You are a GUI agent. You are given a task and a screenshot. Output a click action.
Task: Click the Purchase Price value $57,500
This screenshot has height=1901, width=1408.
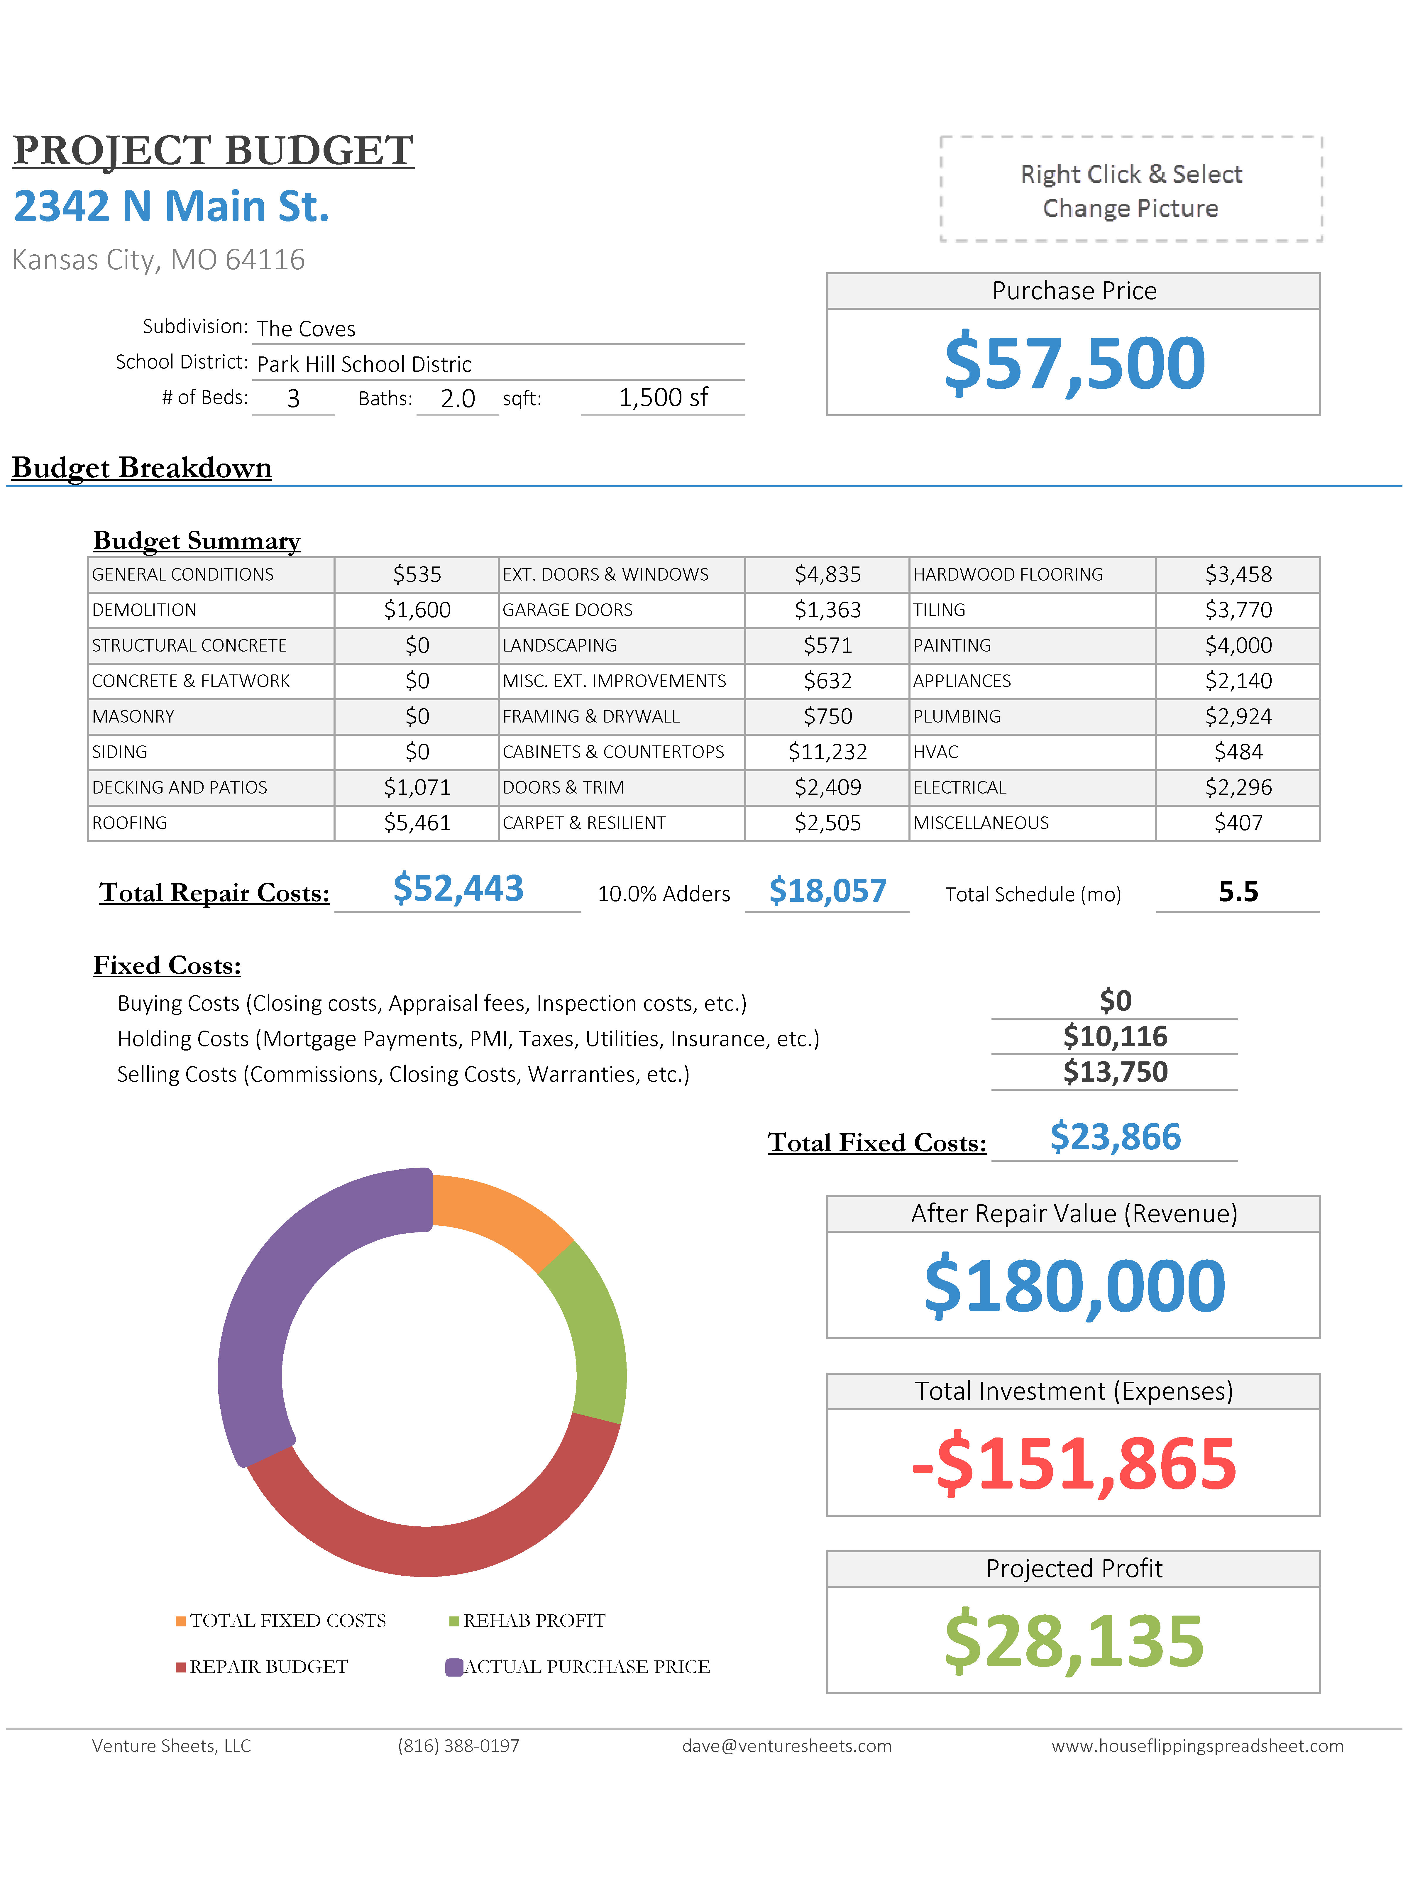coord(1074,364)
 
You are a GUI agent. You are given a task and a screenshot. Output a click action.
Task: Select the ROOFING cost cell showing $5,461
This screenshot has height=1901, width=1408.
coord(417,823)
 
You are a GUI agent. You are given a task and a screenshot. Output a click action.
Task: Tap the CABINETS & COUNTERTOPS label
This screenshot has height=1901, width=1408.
coord(613,752)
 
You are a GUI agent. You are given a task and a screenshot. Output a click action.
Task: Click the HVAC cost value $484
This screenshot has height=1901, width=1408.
coord(1238,752)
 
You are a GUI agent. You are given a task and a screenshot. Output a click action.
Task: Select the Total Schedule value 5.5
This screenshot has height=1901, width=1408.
coord(1238,892)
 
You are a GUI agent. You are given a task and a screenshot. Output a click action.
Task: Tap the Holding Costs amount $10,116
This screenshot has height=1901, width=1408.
coord(1115,1036)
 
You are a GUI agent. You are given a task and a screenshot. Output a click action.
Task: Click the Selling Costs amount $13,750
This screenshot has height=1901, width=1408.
coord(1115,1073)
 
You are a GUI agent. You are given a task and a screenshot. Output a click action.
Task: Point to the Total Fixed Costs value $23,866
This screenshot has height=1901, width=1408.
coord(1115,1137)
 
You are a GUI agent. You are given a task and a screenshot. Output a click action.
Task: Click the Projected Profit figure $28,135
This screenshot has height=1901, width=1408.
coord(1074,1641)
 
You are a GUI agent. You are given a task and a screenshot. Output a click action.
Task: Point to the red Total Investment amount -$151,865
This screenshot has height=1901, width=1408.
coord(1074,1464)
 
